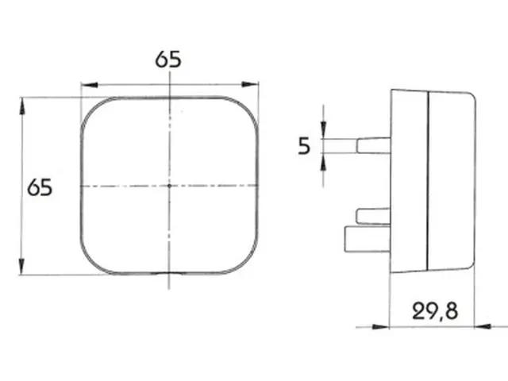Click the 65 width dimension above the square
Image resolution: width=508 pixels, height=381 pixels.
tap(168, 60)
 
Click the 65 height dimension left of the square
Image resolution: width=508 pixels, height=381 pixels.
tap(40, 187)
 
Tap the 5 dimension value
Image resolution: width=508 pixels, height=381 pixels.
tap(304, 146)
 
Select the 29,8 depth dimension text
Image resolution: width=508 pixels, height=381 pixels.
tap(435, 311)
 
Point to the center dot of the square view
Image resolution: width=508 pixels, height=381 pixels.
tap(169, 186)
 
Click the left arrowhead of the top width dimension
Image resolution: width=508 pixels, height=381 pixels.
tap(90, 85)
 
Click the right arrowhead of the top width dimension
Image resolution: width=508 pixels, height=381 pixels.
tap(250, 85)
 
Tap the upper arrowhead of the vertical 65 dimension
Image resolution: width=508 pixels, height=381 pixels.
tap(21, 106)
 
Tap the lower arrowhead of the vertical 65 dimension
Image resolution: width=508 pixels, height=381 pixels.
tap(21, 267)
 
